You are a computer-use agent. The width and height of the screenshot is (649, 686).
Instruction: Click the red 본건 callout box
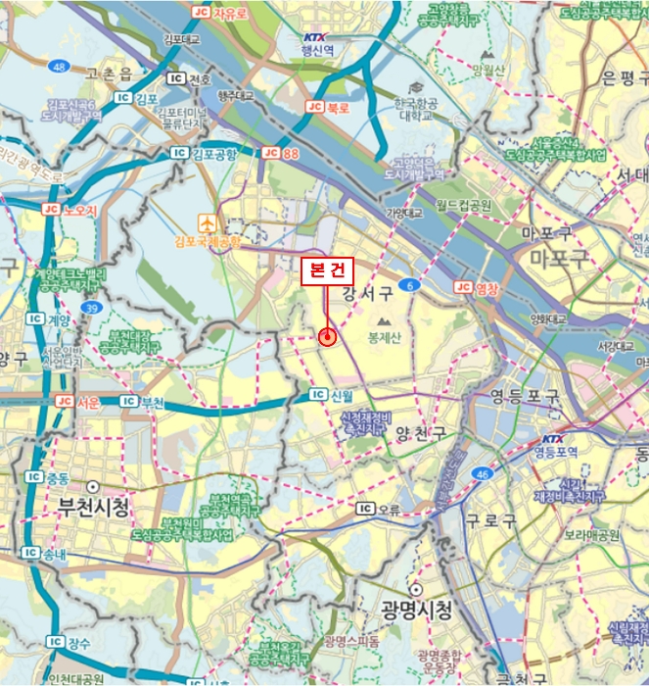click(x=326, y=270)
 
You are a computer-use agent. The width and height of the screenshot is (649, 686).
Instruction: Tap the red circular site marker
click(x=327, y=336)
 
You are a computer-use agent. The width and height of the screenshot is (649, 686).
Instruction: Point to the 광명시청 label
click(x=418, y=611)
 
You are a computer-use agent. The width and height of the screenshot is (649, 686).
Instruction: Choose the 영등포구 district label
click(x=525, y=397)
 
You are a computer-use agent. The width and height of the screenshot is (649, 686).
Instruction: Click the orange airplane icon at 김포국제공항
click(x=207, y=220)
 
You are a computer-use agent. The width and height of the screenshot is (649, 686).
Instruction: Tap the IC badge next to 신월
click(x=316, y=395)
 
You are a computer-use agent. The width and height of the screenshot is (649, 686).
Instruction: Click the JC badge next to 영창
click(x=463, y=287)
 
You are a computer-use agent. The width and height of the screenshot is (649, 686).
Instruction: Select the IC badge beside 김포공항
click(x=178, y=153)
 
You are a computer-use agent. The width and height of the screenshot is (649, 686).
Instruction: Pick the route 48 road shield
click(x=61, y=67)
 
